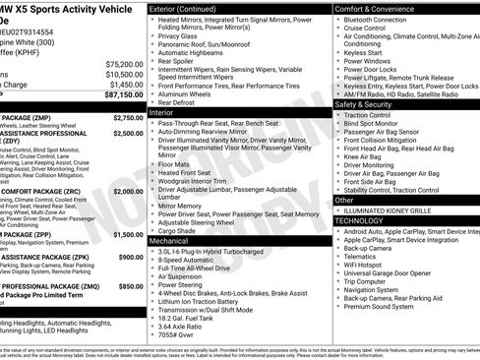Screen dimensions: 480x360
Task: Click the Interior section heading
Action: pyautogui.click(x=162, y=113)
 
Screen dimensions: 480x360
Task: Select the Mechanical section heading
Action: pyautogui.click(x=169, y=240)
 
